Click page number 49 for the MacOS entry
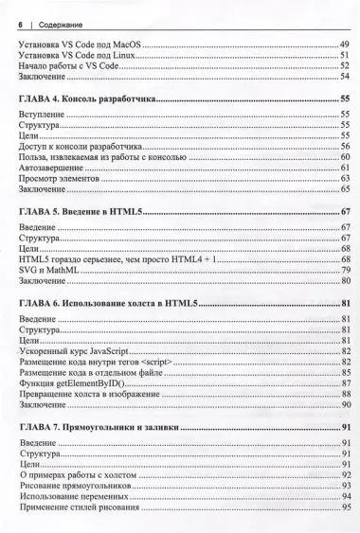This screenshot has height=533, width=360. (x=345, y=45)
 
